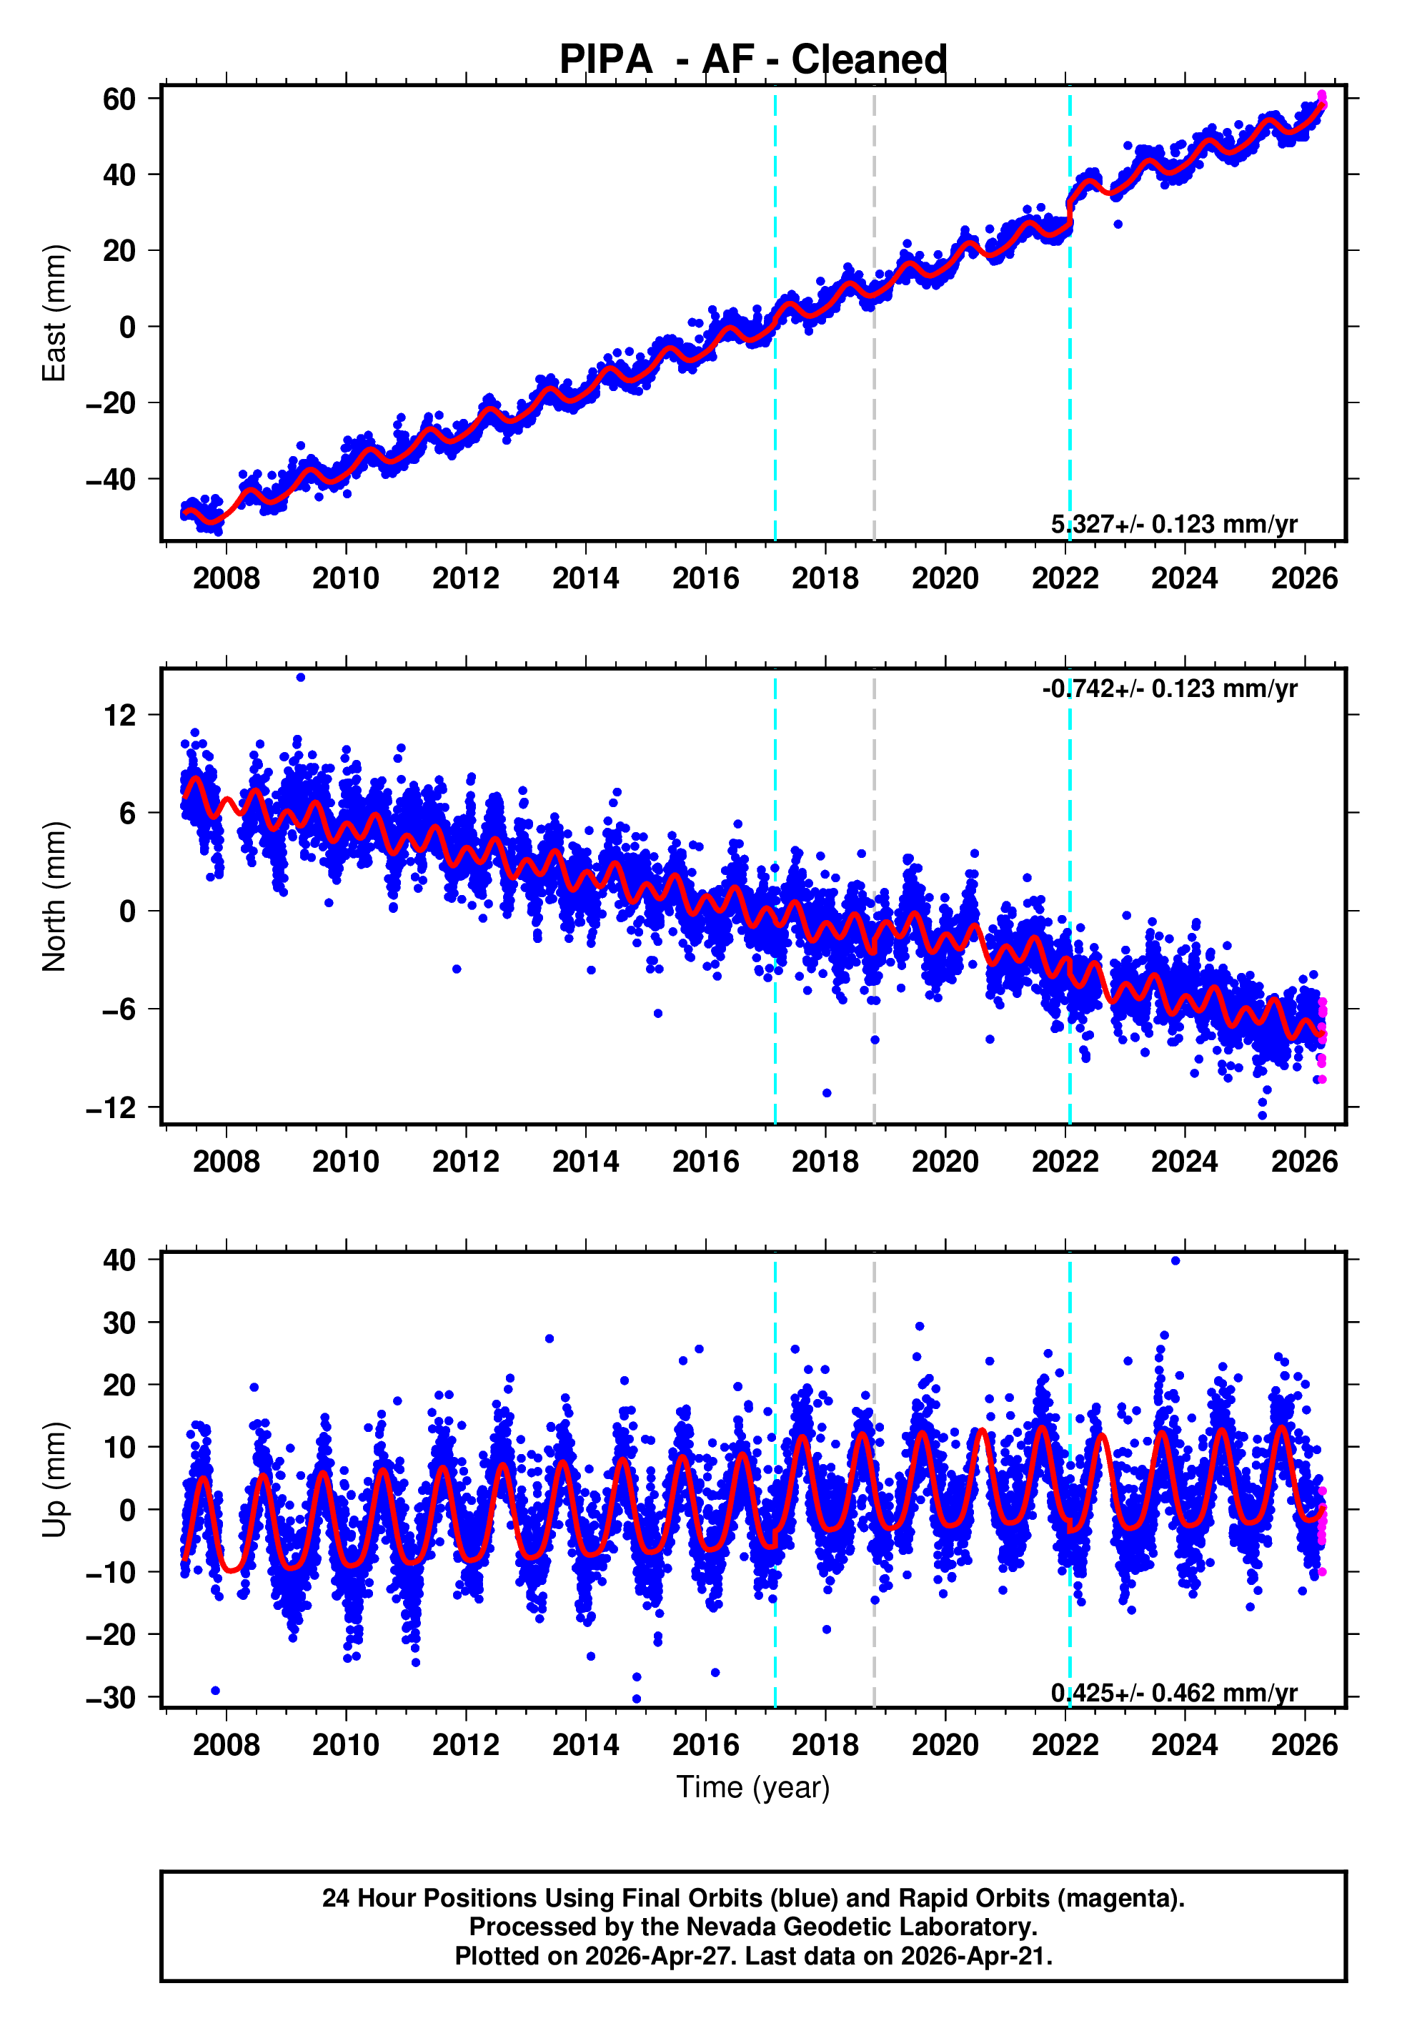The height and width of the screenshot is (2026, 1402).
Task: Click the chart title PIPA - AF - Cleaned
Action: click(753, 60)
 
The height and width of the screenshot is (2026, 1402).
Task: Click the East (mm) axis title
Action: click(54, 313)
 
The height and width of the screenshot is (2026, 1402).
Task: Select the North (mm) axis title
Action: click(54, 896)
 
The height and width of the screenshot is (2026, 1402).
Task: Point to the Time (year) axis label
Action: click(753, 1787)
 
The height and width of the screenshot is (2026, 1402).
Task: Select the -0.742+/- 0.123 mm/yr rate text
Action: click(1169, 689)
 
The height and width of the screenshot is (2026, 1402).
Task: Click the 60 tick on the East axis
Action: click(119, 99)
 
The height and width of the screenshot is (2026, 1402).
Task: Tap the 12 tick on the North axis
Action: click(120, 715)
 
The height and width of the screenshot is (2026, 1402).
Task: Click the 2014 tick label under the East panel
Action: click(585, 578)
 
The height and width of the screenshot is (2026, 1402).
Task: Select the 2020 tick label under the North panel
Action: click(945, 1162)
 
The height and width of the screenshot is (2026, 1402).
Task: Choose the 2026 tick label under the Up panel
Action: click(1305, 1745)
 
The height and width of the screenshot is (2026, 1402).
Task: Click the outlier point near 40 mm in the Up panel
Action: click(1175, 1261)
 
